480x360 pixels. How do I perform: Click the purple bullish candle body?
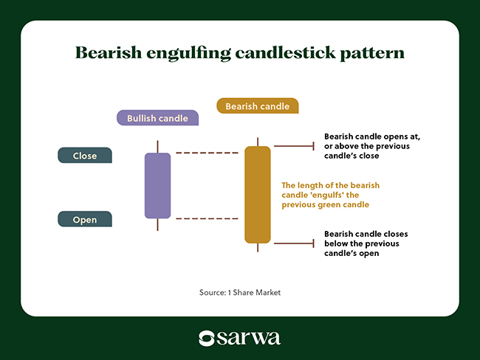click(157, 186)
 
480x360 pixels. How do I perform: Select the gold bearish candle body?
click(258, 195)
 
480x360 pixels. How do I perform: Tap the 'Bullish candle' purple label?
click(157, 118)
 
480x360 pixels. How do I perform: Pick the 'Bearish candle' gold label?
click(258, 105)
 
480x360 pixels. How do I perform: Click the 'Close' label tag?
click(85, 156)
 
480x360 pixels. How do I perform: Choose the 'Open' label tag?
click(85, 219)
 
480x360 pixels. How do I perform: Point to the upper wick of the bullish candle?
click(157, 147)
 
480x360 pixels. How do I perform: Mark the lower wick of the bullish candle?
click(157, 225)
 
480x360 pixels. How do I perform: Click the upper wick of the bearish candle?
click(258, 142)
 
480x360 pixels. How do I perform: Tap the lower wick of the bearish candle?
click(258, 248)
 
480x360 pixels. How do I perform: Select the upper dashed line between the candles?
click(208, 153)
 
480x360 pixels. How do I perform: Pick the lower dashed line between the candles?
click(208, 218)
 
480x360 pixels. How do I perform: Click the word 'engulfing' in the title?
click(188, 54)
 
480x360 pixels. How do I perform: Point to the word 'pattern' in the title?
click(372, 53)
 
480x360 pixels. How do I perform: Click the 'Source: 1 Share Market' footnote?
click(240, 292)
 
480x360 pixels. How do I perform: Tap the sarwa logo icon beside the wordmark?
click(207, 339)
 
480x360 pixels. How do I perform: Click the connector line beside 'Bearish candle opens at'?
click(294, 146)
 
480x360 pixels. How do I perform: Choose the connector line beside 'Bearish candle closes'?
click(294, 243)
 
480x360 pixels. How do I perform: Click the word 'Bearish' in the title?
click(109, 52)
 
